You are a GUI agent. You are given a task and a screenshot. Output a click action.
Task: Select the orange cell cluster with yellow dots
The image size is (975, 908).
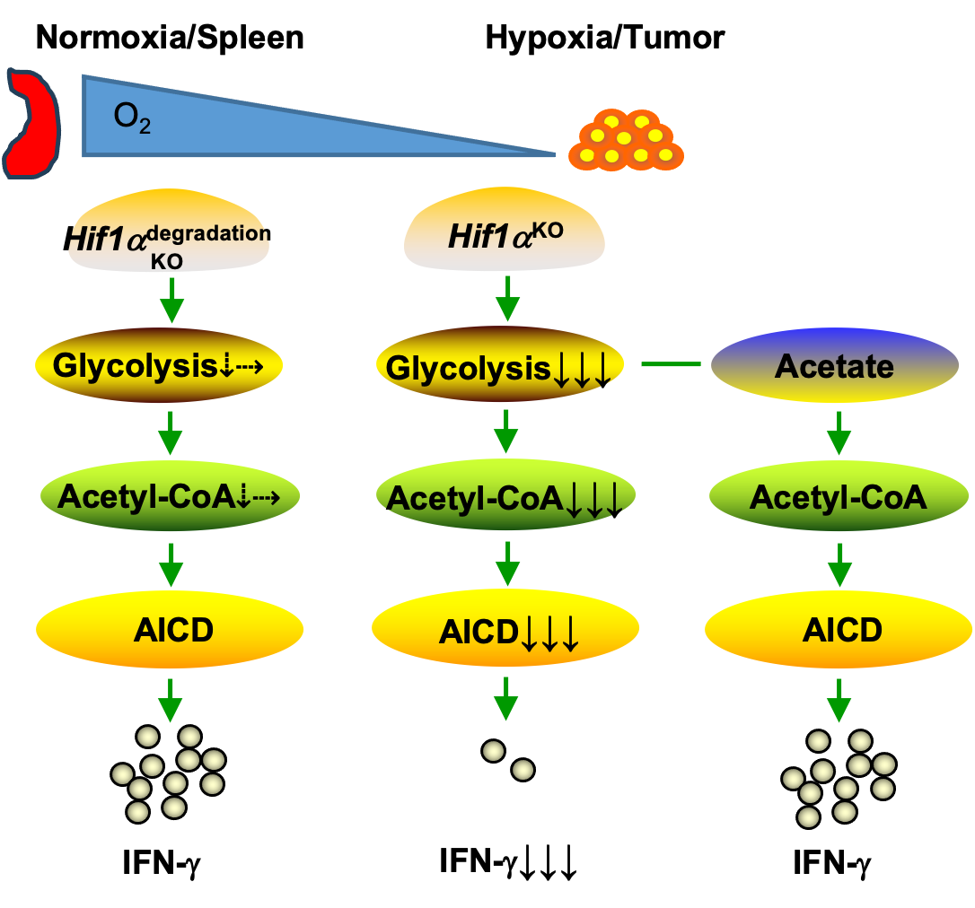[x=626, y=141]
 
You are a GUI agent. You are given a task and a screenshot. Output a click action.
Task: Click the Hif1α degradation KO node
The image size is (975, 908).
[x=169, y=230]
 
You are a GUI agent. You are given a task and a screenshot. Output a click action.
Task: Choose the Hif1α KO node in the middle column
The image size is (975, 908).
[x=504, y=230]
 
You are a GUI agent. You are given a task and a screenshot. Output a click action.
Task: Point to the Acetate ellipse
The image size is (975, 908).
[x=834, y=365]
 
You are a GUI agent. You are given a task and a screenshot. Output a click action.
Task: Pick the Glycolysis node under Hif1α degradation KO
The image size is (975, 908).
[x=159, y=365]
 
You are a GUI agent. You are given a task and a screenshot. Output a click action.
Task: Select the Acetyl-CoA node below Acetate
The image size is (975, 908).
[x=839, y=496]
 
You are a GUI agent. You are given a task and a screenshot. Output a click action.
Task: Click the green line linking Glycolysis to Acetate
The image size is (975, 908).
[x=670, y=364]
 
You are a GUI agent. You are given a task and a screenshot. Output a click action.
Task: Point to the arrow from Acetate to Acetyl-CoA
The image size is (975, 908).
[x=839, y=432]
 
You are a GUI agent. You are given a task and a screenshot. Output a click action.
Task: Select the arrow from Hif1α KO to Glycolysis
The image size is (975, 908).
[x=508, y=299]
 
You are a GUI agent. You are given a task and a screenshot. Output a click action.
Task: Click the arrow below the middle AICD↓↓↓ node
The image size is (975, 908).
[x=506, y=698]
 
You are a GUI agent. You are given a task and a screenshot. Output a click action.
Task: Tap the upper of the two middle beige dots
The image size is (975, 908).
[x=494, y=751]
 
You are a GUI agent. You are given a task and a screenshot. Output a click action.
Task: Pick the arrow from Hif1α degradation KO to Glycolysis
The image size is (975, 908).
[x=171, y=301]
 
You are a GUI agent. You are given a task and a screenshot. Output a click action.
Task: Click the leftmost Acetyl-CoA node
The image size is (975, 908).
[x=170, y=496]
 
